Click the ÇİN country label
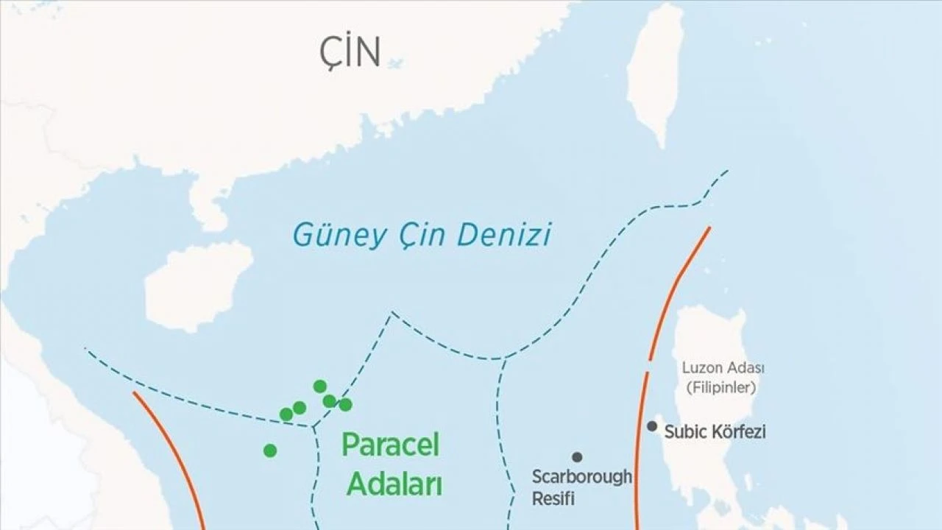[x=350, y=52]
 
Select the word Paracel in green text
[x=390, y=445]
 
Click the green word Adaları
[x=394, y=484]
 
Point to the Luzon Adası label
[x=723, y=368]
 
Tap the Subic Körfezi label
[x=715, y=432]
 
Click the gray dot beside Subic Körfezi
[x=652, y=426]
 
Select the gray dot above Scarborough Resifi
[x=577, y=457]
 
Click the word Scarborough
[x=581, y=477]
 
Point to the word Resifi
[x=553, y=498]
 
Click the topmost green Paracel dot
[x=319, y=386]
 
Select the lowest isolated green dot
[x=270, y=451]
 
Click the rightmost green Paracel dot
[x=345, y=404]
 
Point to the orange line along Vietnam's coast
[x=173, y=456]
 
